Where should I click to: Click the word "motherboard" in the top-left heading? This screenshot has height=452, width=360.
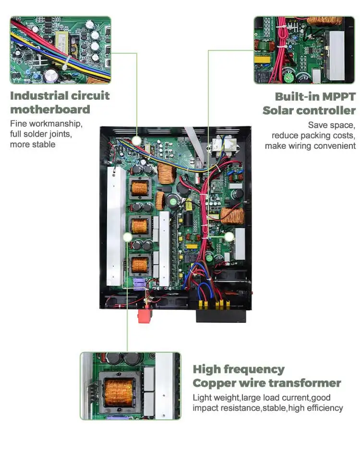coord(50,110)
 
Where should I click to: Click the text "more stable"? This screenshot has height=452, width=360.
coord(33,144)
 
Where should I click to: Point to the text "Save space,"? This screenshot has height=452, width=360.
coord(331,125)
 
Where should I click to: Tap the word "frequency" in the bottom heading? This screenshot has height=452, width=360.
coord(257,369)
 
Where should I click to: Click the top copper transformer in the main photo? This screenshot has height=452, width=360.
coord(139,188)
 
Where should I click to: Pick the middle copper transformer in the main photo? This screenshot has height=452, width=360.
coord(139,226)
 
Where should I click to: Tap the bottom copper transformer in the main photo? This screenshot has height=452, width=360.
coord(139,264)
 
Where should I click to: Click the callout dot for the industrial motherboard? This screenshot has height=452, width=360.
coord(137,141)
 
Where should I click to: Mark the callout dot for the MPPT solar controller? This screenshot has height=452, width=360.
coord(229,237)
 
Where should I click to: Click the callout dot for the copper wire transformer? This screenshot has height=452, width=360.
coord(127,237)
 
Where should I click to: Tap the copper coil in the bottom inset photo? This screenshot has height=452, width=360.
coord(118,387)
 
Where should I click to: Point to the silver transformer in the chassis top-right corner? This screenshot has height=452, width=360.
coord(220,143)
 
